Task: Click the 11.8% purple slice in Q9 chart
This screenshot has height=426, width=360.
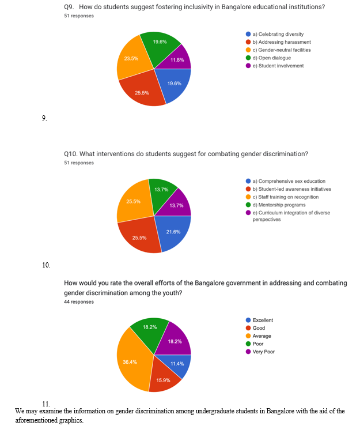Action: [178, 59]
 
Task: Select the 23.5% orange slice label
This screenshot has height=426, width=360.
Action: [131, 58]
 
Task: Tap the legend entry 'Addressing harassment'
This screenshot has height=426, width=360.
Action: [278, 42]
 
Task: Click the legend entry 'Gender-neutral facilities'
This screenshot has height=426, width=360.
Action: [278, 50]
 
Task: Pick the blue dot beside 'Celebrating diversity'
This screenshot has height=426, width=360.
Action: [248, 34]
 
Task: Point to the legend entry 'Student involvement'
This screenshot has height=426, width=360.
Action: [275, 66]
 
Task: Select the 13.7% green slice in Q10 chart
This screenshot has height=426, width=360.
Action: [161, 193]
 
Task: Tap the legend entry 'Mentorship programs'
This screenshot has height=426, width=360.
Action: [275, 205]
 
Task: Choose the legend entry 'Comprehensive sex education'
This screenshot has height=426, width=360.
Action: [285, 181]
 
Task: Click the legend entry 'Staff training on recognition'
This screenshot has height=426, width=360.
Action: [282, 197]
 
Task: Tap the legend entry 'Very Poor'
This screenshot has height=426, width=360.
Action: [260, 352]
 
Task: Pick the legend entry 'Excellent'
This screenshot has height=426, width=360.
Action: [259, 321]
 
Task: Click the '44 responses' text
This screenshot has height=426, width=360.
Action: [79, 302]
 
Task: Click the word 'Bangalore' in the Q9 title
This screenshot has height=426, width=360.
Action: [236, 7]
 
